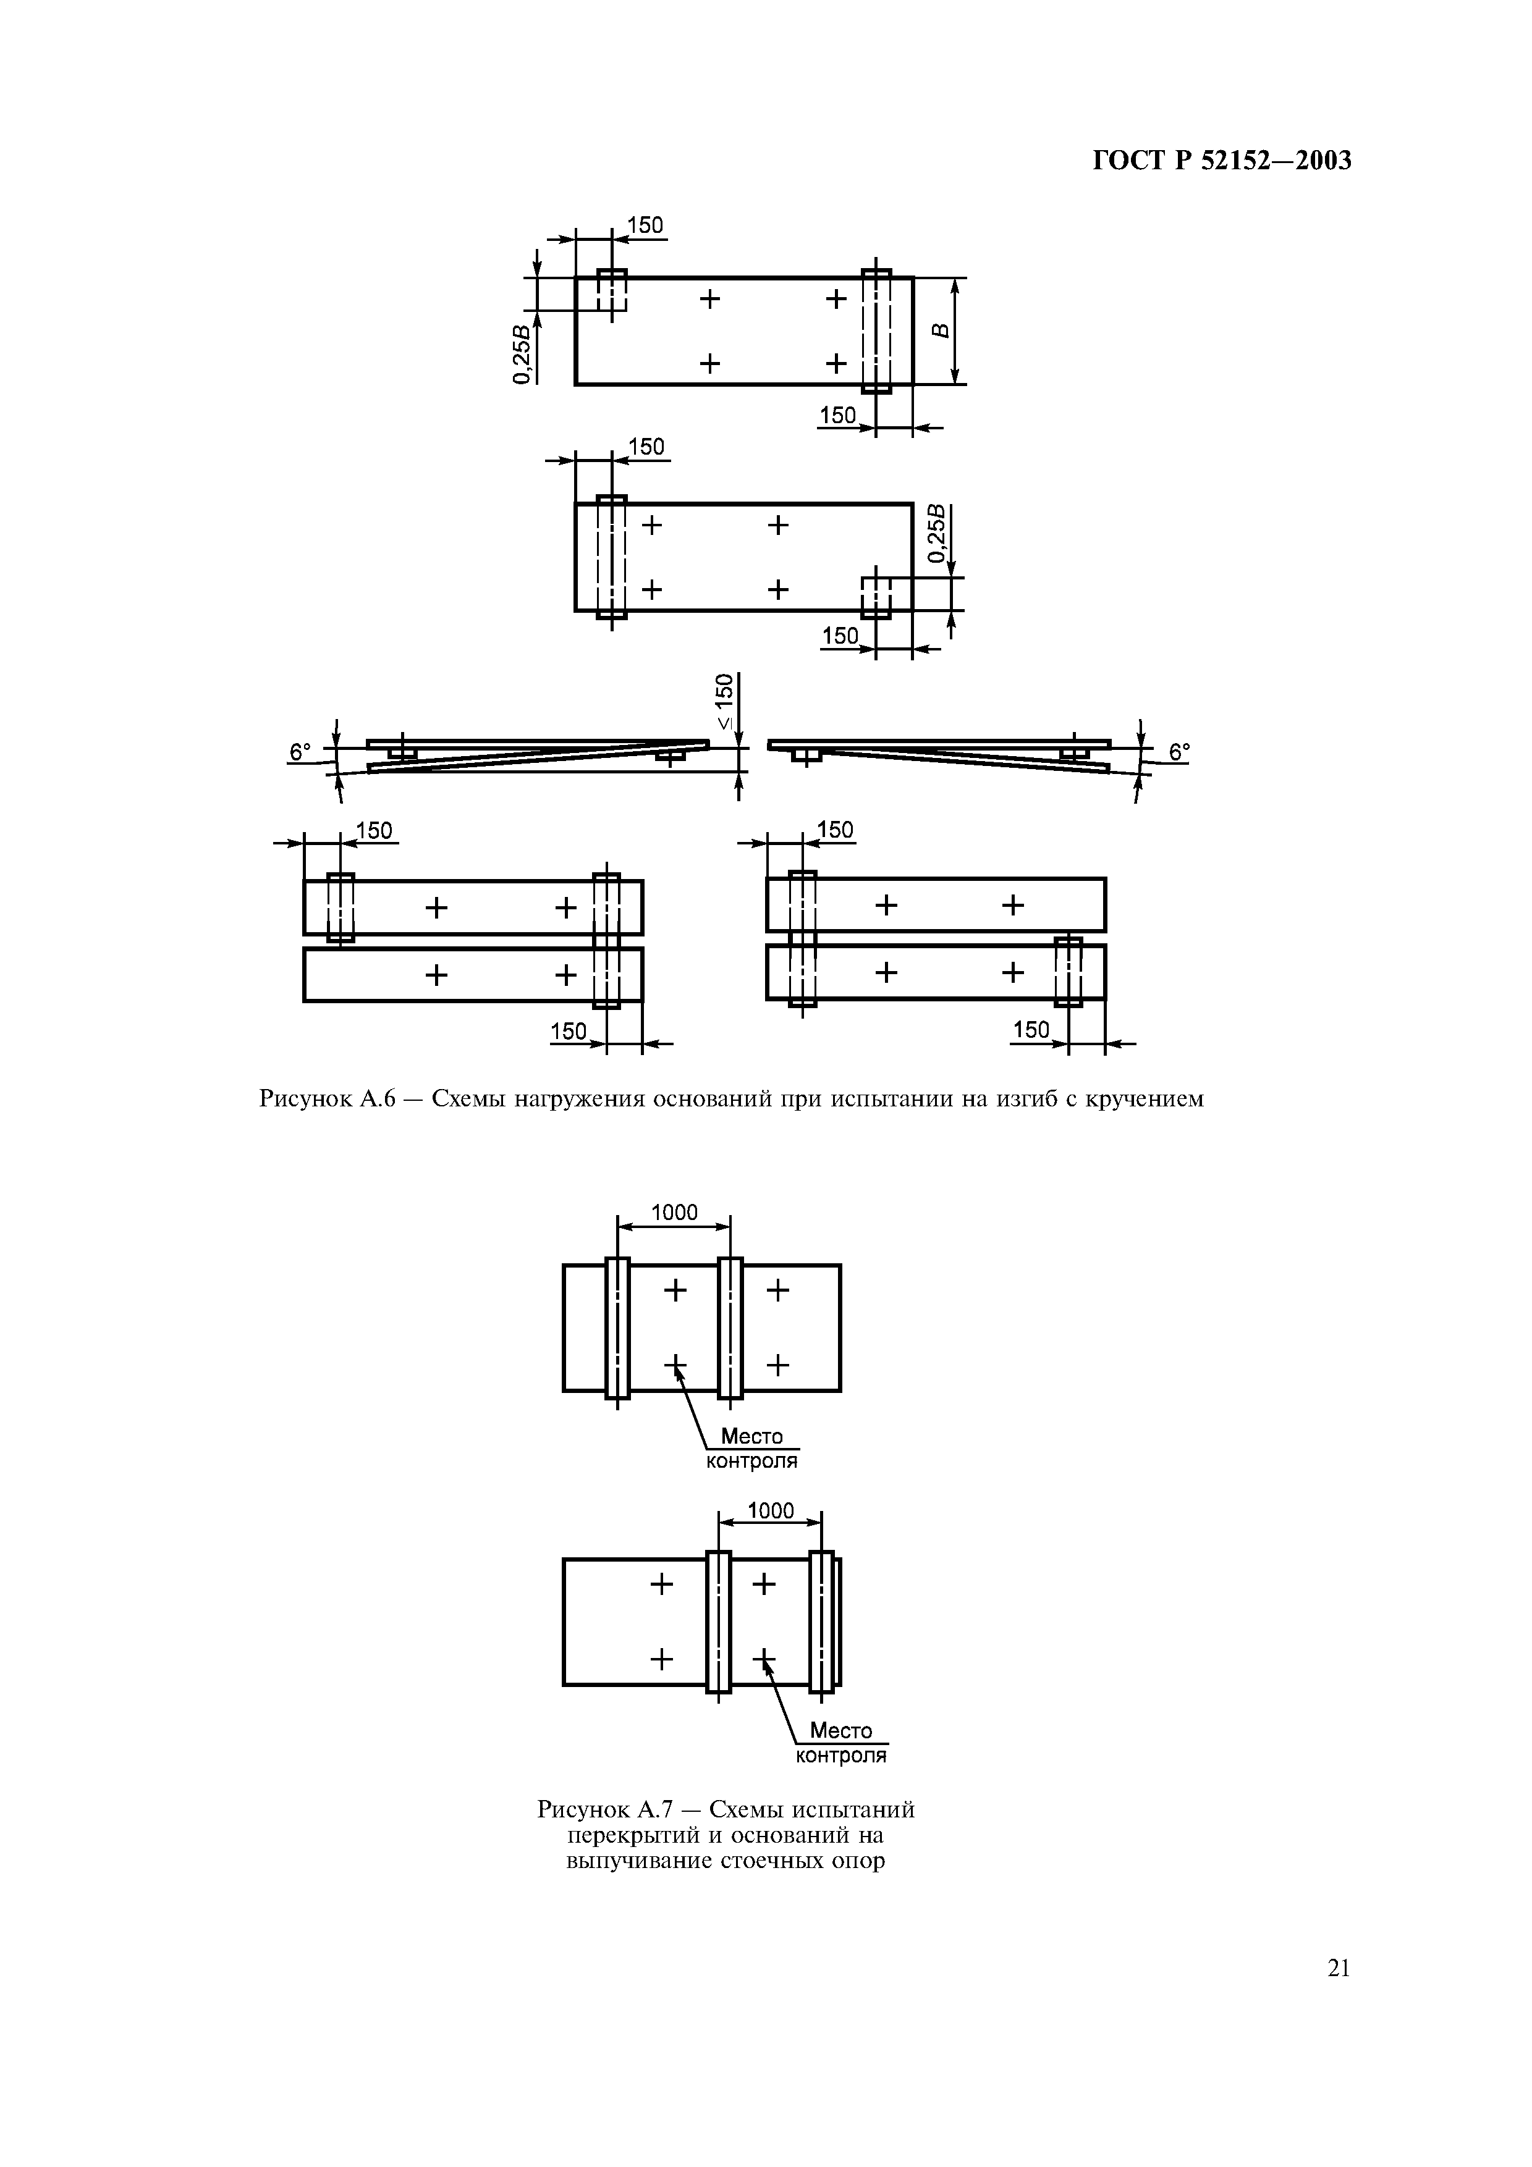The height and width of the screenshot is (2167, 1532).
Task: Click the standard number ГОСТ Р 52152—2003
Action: click(x=1221, y=161)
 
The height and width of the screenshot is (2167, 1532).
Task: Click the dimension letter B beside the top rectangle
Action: click(x=939, y=330)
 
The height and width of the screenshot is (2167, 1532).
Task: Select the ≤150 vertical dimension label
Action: click(x=724, y=701)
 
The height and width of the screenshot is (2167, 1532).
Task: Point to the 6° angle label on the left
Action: click(x=300, y=752)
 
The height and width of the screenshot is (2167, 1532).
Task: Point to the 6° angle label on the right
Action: click(x=1179, y=752)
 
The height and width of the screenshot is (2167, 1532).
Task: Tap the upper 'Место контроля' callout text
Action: click(x=752, y=1449)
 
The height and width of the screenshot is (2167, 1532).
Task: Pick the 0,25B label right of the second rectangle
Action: click(x=936, y=533)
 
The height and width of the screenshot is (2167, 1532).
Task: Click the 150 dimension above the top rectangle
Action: click(x=646, y=225)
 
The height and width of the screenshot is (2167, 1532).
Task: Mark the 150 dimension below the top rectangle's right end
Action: click(x=837, y=415)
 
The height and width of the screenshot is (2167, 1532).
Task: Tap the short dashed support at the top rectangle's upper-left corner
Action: click(x=612, y=292)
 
